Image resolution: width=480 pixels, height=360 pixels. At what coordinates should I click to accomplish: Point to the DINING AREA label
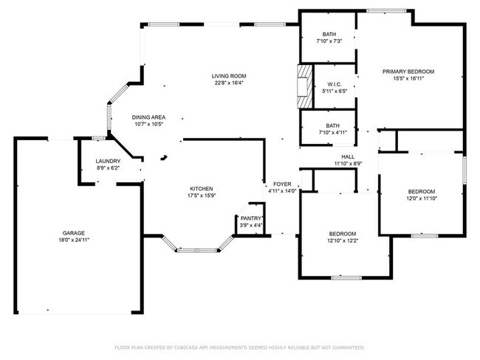coord(148,117)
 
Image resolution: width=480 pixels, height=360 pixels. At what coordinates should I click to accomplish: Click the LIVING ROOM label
coord(228,76)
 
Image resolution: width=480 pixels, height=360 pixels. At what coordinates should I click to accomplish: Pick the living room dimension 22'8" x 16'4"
coord(228,83)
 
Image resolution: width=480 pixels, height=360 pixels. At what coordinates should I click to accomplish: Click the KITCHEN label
coord(202,189)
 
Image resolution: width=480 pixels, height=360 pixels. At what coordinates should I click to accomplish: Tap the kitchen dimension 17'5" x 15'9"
coord(202,196)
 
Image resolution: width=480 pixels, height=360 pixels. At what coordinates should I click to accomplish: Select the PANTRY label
coord(251,218)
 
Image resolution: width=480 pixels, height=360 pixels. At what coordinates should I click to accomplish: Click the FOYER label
coord(282,184)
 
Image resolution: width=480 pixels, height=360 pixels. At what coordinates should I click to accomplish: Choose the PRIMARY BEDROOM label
coord(408,71)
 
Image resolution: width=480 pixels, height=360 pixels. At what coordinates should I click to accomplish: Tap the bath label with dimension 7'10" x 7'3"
coord(328,35)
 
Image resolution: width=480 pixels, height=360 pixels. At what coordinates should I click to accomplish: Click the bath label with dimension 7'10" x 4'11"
coord(328,125)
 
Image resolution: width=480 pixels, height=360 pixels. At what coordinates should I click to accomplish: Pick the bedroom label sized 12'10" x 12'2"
coord(343,233)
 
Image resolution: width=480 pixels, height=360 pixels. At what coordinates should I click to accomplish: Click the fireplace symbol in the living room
coord(302,87)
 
